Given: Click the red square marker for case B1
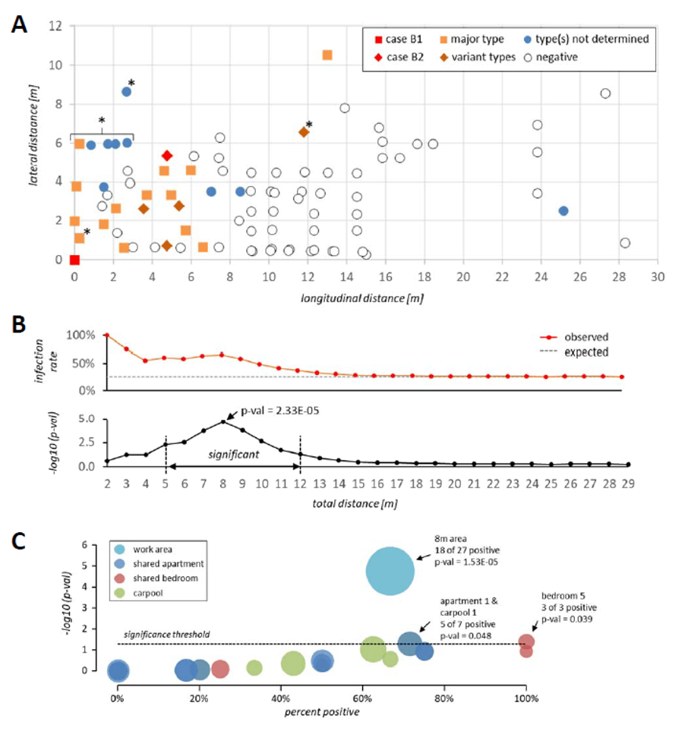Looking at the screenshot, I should pos(74,260).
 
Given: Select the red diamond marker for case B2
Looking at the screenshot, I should pos(167,156).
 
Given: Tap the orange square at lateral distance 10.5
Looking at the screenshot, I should pos(327,55).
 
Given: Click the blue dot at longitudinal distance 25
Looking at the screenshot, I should pos(563,211).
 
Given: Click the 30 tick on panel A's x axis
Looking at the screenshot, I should pos(658,278).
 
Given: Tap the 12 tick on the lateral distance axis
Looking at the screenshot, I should pos(54,25).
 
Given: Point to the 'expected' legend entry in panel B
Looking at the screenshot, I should pos(592,352).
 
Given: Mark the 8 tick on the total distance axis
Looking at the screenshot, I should pos(223,483).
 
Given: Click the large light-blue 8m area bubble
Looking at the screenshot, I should pos(390,572).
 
